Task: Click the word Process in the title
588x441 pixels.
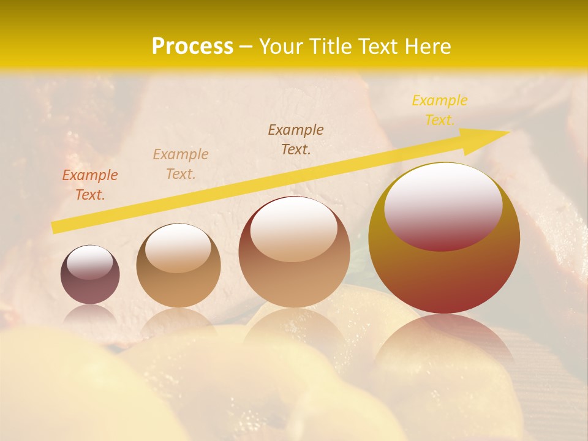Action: pos(192,47)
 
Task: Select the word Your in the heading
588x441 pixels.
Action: pos(281,47)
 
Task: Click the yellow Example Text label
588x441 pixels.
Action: pos(439,110)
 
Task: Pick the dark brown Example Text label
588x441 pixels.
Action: pos(296,139)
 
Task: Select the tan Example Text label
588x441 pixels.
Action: pos(181,164)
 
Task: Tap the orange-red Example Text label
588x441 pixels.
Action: pos(90,184)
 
